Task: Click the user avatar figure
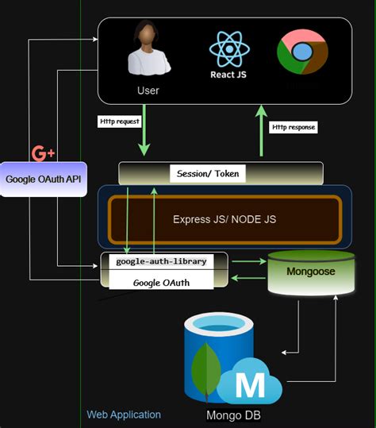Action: tap(148, 51)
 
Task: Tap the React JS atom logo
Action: tap(229, 48)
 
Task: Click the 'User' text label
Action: tap(148, 91)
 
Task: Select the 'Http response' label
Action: tap(294, 126)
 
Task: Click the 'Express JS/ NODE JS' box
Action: tap(224, 218)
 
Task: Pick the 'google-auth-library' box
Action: tap(164, 261)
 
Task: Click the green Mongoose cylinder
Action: tap(310, 272)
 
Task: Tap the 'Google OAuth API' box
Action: tap(43, 179)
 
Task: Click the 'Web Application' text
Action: tap(124, 415)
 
